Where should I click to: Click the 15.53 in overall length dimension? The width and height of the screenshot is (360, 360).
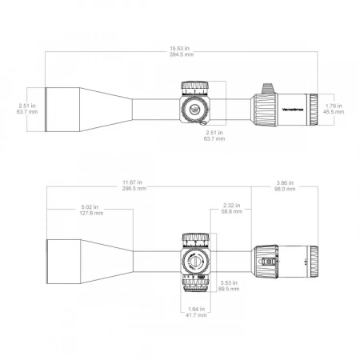[180, 48]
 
